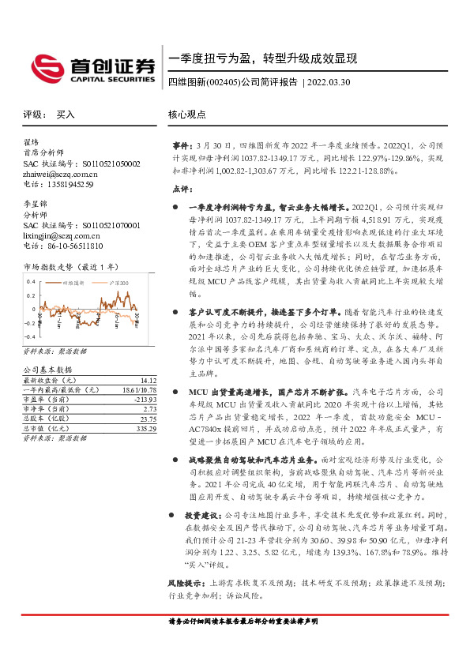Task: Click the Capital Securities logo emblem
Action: tap(45, 67)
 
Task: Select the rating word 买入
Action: tap(65, 115)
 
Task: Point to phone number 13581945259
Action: tap(69, 185)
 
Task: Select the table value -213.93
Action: tap(145, 400)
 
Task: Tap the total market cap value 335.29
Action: tap(146, 429)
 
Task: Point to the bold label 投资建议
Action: tap(203, 514)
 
